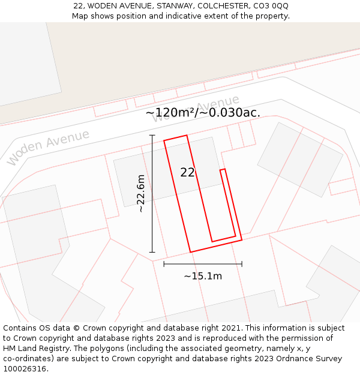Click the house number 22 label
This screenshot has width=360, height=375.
[187, 173]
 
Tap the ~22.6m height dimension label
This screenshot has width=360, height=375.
[140, 194]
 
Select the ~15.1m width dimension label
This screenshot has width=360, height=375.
[203, 276]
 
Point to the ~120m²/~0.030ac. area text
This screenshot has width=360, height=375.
[203, 112]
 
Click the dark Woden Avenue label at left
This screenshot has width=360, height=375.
[48, 147]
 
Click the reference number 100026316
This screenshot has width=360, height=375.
[25, 369]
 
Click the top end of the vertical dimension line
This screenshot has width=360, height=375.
[152, 136]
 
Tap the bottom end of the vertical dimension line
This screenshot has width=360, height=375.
[152, 252]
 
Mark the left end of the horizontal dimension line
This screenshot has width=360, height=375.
[164, 263]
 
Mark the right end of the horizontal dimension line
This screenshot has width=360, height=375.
[242, 263]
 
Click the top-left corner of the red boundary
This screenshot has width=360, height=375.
[164, 141]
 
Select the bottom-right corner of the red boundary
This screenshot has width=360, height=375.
[242, 240]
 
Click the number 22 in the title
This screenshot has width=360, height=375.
[78, 5]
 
